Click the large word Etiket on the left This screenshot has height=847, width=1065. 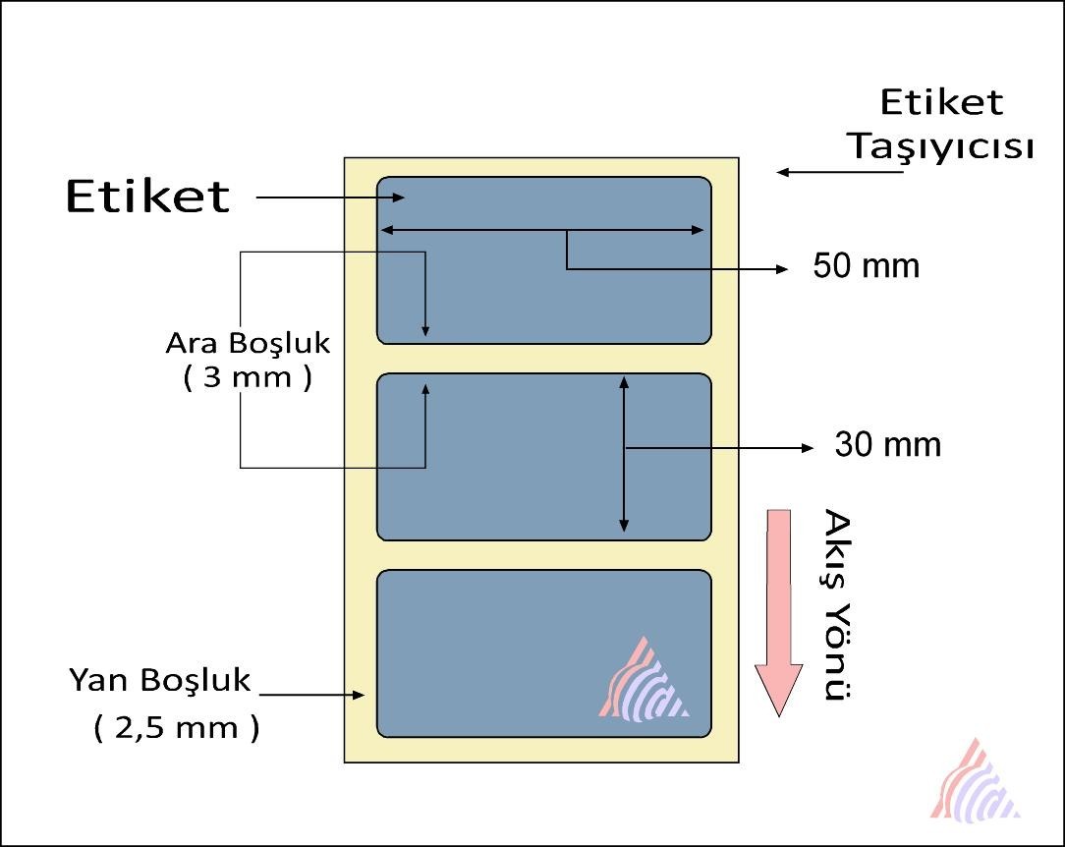[147, 197]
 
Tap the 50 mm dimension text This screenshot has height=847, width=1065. [866, 265]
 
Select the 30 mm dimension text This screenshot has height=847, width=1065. [888, 445]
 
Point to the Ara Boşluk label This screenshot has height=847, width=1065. [248, 344]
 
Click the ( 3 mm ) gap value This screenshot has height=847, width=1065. [248, 377]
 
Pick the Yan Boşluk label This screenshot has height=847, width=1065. [159, 681]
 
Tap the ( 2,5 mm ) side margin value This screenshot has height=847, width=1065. [177, 727]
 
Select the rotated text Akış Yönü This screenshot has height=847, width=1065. [838, 604]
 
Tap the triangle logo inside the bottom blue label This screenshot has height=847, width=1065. [644, 679]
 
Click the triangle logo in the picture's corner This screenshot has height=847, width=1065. [975, 780]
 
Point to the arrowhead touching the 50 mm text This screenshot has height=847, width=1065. [782, 269]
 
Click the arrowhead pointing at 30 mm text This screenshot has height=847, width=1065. [808, 448]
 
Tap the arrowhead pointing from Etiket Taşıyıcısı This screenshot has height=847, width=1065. [782, 172]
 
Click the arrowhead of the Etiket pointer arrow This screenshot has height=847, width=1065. [399, 198]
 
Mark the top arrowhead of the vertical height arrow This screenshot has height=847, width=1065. [624, 382]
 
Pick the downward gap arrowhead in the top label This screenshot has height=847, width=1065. [425, 331]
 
